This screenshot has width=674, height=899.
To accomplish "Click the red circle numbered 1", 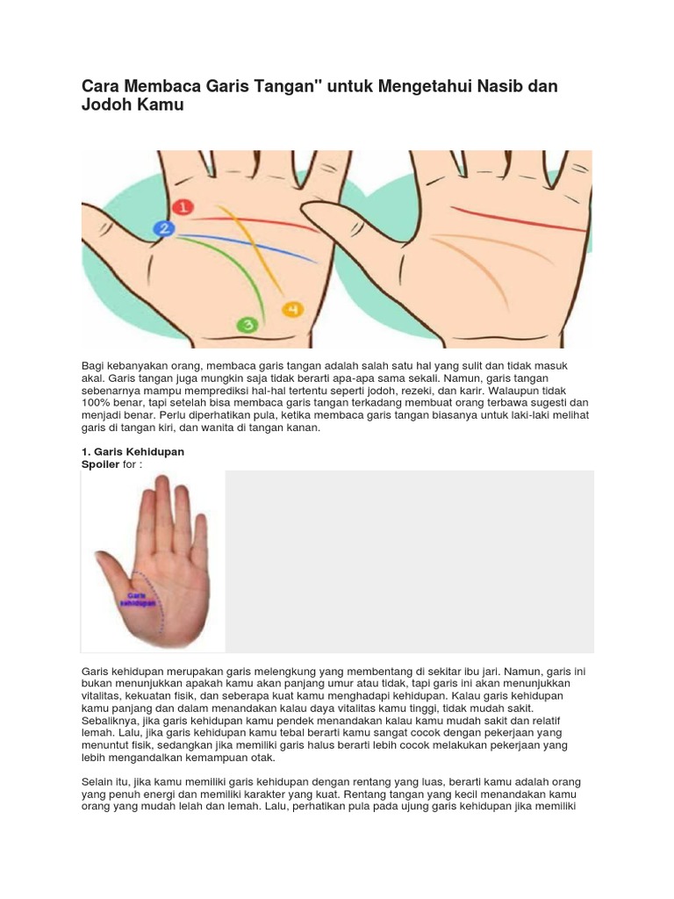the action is [x=183, y=207].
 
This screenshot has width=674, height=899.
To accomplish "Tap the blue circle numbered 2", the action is [x=164, y=229].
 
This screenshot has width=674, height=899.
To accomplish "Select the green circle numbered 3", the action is [x=247, y=325].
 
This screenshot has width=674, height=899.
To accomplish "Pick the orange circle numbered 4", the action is [x=292, y=310].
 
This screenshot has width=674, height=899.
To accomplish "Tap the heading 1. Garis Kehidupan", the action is [x=133, y=452].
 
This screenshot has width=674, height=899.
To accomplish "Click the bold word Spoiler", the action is [x=100, y=464].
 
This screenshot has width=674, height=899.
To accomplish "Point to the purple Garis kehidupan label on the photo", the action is [x=138, y=600].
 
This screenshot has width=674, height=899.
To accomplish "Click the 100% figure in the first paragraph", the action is [x=95, y=403].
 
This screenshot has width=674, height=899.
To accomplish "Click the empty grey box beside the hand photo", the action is [x=409, y=562].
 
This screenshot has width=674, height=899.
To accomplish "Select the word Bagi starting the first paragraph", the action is [x=92, y=366].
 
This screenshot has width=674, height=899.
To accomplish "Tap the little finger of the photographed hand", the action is [x=200, y=539].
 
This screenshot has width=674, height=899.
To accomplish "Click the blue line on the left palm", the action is [x=247, y=247].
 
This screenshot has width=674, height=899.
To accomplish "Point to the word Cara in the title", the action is [x=101, y=86].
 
